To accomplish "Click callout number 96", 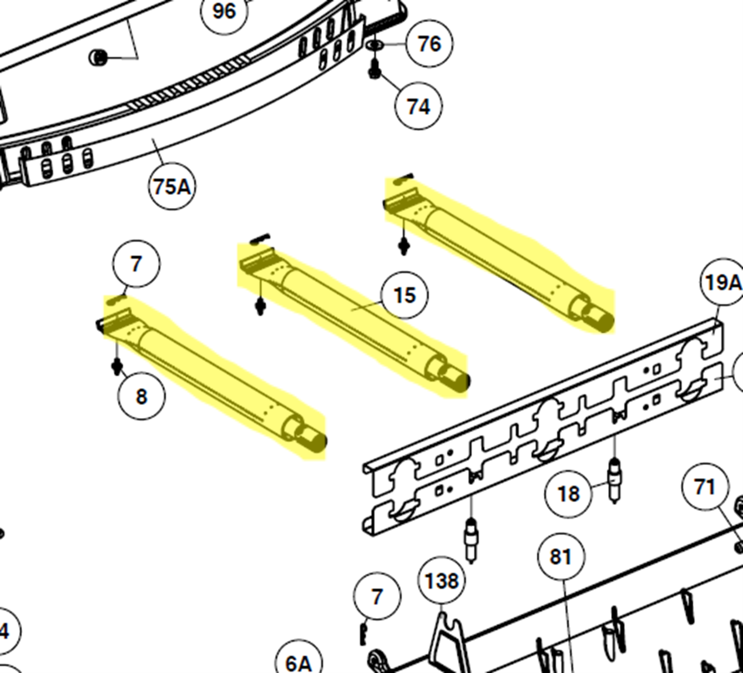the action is click(x=225, y=12).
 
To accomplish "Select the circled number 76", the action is click(x=429, y=44).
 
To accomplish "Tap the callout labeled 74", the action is click(x=418, y=107).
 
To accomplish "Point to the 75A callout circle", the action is click(x=172, y=186).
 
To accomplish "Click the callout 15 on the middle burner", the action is click(x=405, y=295).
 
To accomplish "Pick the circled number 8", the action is click(x=141, y=397).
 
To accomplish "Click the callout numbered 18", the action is click(x=569, y=493).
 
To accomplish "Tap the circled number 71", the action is click(x=705, y=487).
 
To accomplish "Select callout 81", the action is click(x=561, y=556).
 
